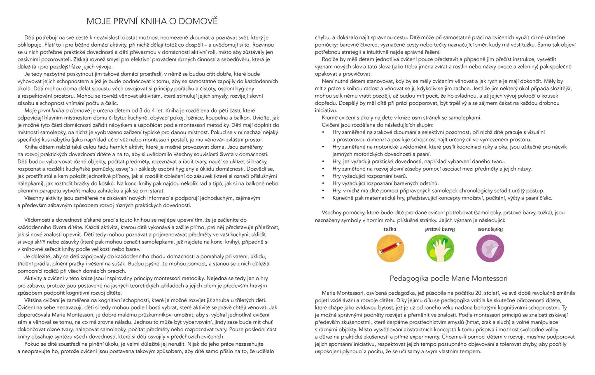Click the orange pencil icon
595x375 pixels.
[390, 248]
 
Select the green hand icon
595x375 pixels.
[440, 248]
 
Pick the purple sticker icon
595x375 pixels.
[490, 248]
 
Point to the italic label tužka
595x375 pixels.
[390, 229]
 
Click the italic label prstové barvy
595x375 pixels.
[440, 229]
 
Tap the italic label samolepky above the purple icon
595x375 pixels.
[490, 229]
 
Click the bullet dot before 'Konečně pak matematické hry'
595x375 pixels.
[323, 198]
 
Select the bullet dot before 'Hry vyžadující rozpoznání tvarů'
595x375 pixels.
[323, 176]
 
